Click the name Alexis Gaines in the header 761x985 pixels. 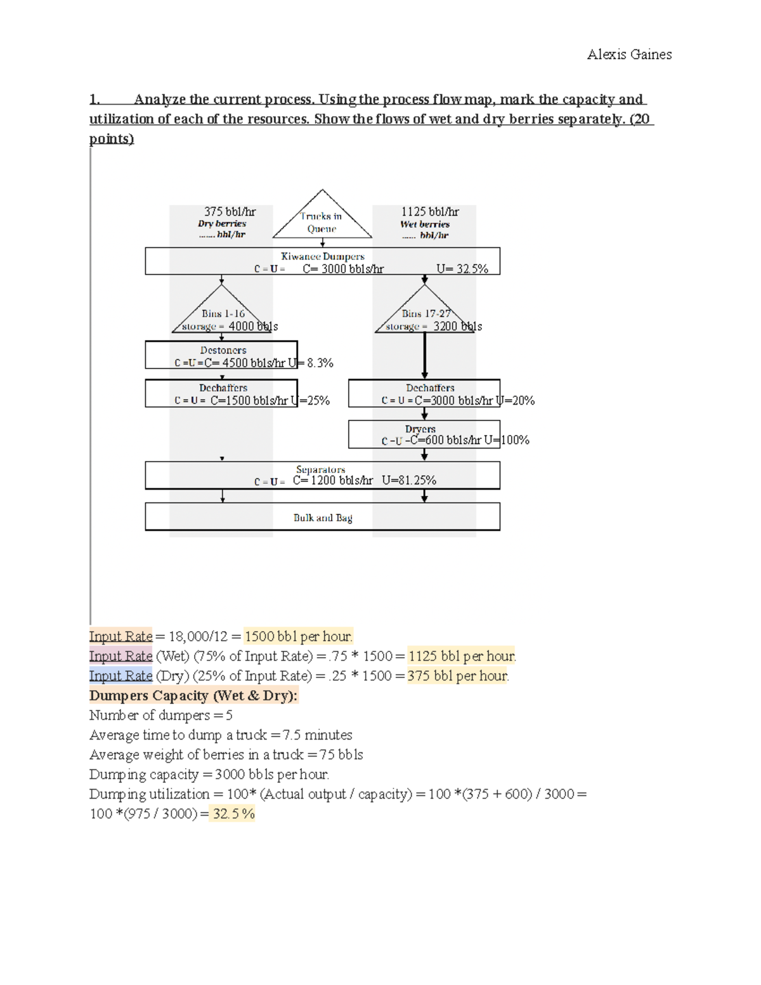[629, 55]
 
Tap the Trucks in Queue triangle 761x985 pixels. [322, 219]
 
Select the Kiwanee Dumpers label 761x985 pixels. [322, 256]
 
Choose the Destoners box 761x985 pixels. [221, 355]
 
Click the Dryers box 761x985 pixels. [424, 434]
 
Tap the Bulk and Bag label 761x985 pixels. [322, 518]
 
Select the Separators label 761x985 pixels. [320, 469]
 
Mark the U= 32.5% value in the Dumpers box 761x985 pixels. [462, 269]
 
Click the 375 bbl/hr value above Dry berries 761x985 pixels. [230, 212]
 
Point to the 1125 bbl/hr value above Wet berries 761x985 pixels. [429, 212]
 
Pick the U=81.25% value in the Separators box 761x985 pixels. [409, 480]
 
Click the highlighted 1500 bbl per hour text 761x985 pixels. [298, 636]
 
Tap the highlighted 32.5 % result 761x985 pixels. [233, 814]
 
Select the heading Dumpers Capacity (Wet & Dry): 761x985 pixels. [193, 695]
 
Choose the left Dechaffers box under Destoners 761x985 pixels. [221, 393]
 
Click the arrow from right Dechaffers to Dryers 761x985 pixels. [424, 414]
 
